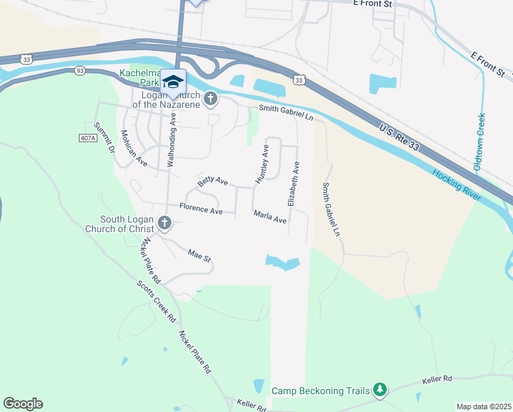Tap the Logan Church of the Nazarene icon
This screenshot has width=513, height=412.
point(211,100)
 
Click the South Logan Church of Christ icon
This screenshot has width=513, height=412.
point(164,222)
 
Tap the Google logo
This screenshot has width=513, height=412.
point(23,404)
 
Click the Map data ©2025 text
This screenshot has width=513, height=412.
point(484,407)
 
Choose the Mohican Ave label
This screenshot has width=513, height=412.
point(134,148)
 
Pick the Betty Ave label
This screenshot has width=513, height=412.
point(213,181)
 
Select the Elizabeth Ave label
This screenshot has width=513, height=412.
point(293,184)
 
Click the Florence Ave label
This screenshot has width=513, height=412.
point(201,208)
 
